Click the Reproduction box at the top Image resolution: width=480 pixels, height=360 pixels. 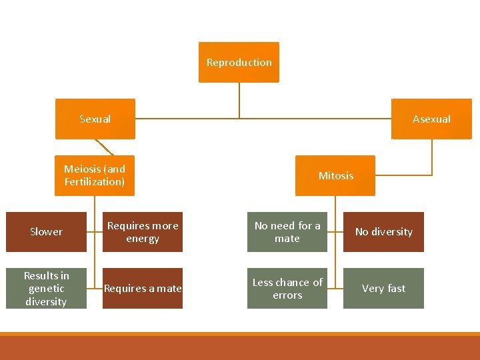click(x=239, y=62)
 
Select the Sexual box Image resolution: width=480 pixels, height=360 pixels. click(x=95, y=119)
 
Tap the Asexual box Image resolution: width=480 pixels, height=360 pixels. click(x=431, y=119)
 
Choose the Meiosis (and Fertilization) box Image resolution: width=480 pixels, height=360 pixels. click(x=95, y=175)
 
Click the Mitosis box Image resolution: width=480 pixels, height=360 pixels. click(x=336, y=175)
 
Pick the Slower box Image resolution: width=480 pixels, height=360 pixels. click(x=47, y=231)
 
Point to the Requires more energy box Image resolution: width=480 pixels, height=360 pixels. click(x=143, y=231)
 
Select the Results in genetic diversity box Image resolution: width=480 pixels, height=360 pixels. click(x=46, y=288)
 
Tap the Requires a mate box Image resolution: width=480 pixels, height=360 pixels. click(x=143, y=288)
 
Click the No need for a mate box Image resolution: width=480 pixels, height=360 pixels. click(x=287, y=231)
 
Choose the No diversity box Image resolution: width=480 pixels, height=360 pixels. click(x=383, y=231)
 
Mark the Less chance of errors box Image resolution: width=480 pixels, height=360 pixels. click(x=287, y=288)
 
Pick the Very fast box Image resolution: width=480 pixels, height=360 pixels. click(x=383, y=288)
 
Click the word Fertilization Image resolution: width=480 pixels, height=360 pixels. click(x=95, y=181)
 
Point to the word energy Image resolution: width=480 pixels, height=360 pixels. click(x=143, y=239)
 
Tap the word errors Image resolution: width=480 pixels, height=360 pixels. click(x=287, y=295)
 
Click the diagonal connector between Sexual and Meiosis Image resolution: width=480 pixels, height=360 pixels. click(x=105, y=147)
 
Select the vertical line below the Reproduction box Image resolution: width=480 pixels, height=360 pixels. click(x=239, y=100)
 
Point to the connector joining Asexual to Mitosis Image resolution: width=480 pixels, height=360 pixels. click(x=432, y=160)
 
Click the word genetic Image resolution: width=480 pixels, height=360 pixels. click(x=46, y=288)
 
